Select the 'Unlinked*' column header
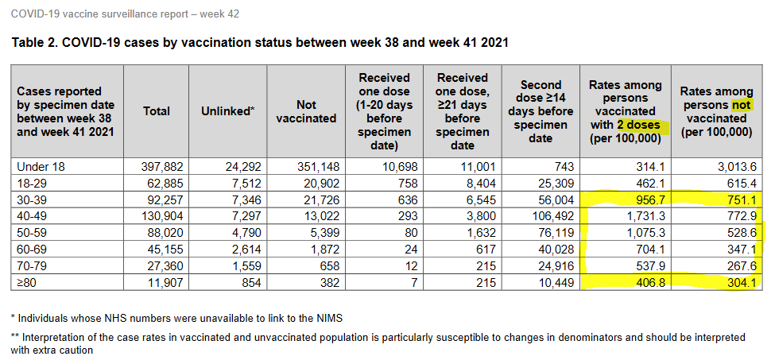[227, 111]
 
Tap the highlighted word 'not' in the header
[742, 105]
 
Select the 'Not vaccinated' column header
[306, 111]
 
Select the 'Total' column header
[156, 111]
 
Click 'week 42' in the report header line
[220, 14]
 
